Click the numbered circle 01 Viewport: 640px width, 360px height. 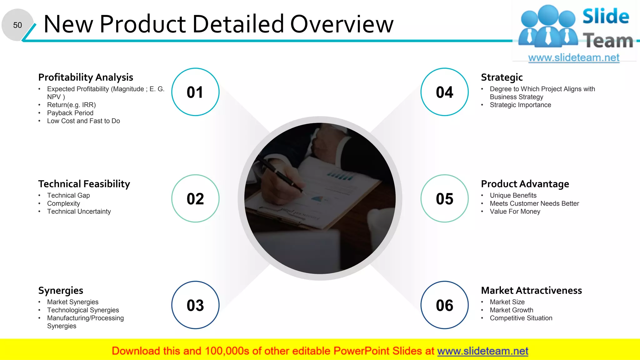click(195, 92)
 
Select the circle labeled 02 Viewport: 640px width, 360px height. click(195, 199)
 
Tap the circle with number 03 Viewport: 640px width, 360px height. click(195, 305)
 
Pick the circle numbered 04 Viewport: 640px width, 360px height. click(444, 92)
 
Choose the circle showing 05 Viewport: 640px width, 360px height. click(444, 199)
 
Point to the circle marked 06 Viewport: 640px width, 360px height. click(444, 305)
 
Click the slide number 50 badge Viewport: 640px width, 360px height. click(17, 25)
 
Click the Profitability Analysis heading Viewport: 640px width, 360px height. click(86, 77)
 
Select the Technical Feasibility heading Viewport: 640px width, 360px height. click(84, 184)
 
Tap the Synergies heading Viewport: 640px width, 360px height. click(61, 291)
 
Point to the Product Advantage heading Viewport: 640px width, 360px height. click(525, 184)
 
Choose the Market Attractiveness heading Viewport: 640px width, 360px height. click(531, 291)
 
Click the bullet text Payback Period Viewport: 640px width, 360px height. click(70, 113)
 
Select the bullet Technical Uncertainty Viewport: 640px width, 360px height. click(79, 212)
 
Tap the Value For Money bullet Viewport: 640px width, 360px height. click(515, 212)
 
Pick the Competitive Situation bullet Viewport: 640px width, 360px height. click(521, 318)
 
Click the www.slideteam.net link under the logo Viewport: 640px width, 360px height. click(573, 58)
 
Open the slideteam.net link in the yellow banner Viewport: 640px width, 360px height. click(482, 351)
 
